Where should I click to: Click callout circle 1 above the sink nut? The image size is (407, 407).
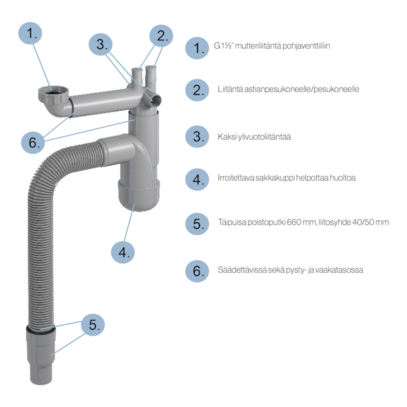coord(30,33)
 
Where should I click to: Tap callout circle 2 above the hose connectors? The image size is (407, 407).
coord(161,36)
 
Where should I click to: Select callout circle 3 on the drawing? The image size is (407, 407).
coord(100,44)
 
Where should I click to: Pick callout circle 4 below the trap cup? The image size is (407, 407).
coord(123,252)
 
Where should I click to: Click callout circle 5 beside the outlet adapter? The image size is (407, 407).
coord(93,325)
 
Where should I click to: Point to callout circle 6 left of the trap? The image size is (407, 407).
coord(33,142)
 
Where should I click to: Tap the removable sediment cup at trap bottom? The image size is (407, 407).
coord(139,195)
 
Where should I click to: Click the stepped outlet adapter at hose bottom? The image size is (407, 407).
coord(41,355)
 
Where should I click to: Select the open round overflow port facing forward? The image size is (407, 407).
coord(156,100)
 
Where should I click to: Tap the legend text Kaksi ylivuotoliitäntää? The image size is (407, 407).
coord(254,137)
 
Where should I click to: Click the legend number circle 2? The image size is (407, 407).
coord(197,90)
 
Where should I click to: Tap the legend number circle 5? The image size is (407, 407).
coord(197,224)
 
